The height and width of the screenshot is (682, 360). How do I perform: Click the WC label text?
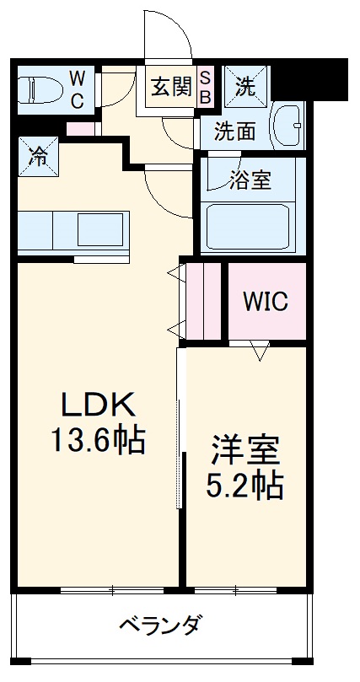click(77, 89)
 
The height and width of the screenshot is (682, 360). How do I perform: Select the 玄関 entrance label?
click(171, 87)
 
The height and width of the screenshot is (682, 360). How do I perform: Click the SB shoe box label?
click(204, 87)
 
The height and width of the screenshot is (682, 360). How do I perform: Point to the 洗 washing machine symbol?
click(244, 86)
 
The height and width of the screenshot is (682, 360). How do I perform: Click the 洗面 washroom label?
click(234, 131)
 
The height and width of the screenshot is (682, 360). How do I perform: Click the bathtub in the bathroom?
click(250, 226)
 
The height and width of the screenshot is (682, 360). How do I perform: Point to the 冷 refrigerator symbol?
click(39, 155)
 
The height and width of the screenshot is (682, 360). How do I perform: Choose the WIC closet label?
click(266, 301)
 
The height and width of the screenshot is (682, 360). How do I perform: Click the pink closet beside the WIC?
click(203, 301)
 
